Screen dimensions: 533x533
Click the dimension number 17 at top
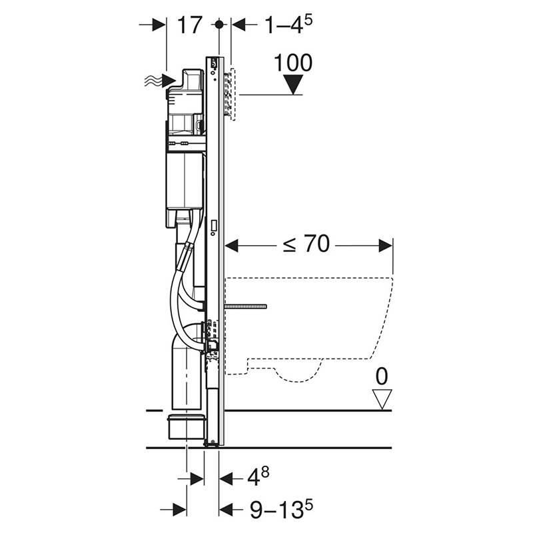(190, 25)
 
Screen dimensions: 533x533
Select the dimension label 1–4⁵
(288, 25)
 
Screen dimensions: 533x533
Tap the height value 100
(293, 63)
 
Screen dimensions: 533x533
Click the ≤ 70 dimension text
(306, 244)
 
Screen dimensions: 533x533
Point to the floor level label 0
(382, 376)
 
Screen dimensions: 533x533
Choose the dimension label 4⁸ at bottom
(258, 476)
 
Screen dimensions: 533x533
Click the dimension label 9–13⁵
(281, 509)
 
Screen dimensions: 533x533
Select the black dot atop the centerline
(219, 25)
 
